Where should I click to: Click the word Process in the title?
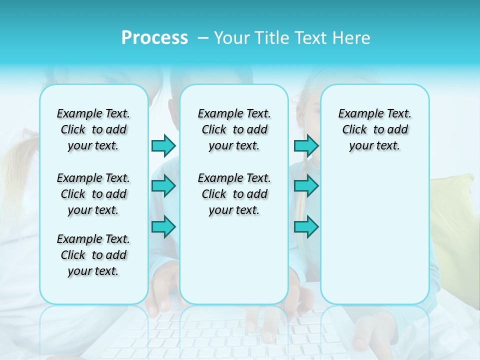[x=154, y=38]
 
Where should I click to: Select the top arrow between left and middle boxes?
[x=163, y=145]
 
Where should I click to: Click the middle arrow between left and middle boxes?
[x=163, y=186]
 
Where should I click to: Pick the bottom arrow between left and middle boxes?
[x=163, y=227]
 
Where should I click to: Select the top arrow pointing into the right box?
[x=306, y=145]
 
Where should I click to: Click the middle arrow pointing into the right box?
[x=306, y=186]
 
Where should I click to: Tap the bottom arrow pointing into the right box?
[x=306, y=227]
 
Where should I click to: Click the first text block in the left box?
[x=93, y=129]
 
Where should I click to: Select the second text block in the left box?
[x=93, y=194]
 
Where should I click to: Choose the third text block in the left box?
[x=93, y=255]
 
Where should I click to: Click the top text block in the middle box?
[x=234, y=129]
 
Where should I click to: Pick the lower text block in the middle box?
[x=234, y=194]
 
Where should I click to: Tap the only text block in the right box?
[x=374, y=129]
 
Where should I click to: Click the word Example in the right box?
[x=357, y=113]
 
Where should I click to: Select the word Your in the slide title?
[x=232, y=38]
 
